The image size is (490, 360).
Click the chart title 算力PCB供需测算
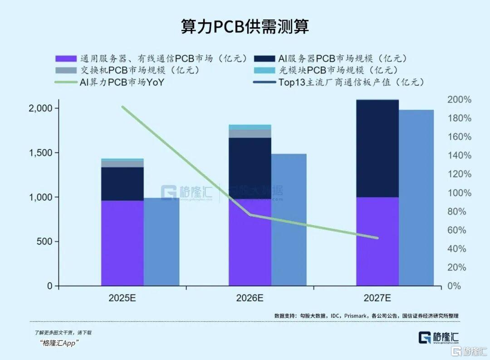(245, 27)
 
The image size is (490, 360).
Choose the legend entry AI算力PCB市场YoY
(122, 82)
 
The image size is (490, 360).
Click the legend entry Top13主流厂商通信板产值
(351, 82)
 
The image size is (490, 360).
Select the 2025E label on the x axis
(122, 299)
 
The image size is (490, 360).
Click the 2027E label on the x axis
(377, 299)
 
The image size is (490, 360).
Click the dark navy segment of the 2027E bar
(377, 148)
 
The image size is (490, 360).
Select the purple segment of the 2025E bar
(122, 243)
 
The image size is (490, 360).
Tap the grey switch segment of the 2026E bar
(250, 133)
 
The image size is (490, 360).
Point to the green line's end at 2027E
(377, 238)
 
